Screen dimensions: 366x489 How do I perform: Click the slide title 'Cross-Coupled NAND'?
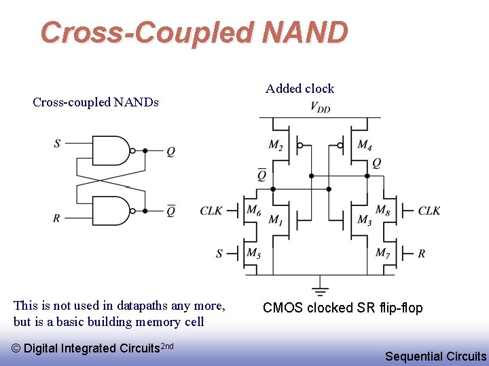coord(194,32)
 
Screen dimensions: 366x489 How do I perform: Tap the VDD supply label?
coord(321,106)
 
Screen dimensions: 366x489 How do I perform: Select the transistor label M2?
coord(276,145)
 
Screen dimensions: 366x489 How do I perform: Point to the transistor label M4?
coord(364,145)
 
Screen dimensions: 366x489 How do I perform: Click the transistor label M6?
coord(253,210)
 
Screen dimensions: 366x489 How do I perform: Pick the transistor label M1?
coord(276,220)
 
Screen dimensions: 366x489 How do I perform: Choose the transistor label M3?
coord(364,220)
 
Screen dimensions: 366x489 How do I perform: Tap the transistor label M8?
coord(382,210)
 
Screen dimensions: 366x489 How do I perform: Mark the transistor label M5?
coord(253,253)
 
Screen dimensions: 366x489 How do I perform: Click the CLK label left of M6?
coord(211,211)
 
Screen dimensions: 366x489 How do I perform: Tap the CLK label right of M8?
coord(429,211)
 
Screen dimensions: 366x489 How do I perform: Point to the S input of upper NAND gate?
coord(57,143)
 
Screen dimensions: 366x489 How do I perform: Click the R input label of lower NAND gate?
coord(57,218)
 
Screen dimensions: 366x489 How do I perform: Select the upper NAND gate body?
coord(110,150)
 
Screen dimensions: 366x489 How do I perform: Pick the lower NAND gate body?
coord(110,210)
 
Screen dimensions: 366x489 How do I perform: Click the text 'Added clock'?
coord(300,89)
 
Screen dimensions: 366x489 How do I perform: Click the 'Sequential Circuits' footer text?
coord(435,356)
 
